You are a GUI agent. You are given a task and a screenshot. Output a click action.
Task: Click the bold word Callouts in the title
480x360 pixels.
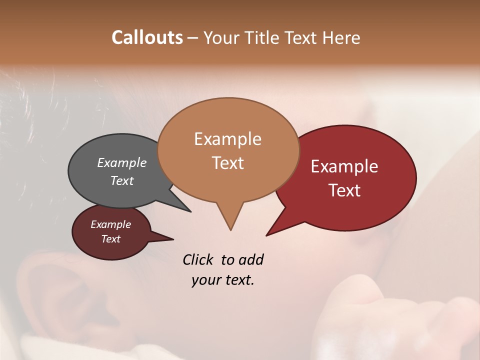(x=147, y=37)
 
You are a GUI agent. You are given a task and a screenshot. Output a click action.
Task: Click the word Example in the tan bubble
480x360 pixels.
(x=227, y=139)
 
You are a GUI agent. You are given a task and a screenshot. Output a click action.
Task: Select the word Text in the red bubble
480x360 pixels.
(x=344, y=190)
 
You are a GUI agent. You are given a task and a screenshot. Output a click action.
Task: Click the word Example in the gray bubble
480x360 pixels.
(x=121, y=162)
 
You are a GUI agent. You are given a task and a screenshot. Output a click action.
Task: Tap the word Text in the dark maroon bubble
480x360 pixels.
(x=110, y=239)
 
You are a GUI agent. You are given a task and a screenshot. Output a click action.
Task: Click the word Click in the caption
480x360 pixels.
(x=198, y=259)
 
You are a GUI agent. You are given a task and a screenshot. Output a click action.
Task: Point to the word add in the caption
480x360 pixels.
(x=251, y=259)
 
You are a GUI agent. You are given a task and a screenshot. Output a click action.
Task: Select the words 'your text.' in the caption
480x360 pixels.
(x=222, y=280)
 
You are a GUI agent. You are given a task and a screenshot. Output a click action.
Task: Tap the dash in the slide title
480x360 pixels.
(x=193, y=38)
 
